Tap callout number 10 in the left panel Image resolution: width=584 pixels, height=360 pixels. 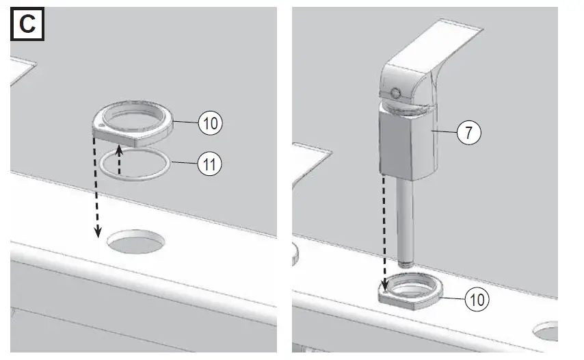[x=211, y=123]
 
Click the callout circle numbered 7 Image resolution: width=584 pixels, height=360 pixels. [x=468, y=133]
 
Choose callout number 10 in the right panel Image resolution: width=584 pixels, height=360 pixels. [x=477, y=299]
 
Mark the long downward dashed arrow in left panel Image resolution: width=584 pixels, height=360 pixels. [x=94, y=185]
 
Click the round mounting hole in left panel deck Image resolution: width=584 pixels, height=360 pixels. [x=136, y=242]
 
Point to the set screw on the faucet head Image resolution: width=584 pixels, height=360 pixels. [x=395, y=93]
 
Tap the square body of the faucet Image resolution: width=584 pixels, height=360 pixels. [x=407, y=144]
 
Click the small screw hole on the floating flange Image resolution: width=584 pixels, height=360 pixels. [x=101, y=127]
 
